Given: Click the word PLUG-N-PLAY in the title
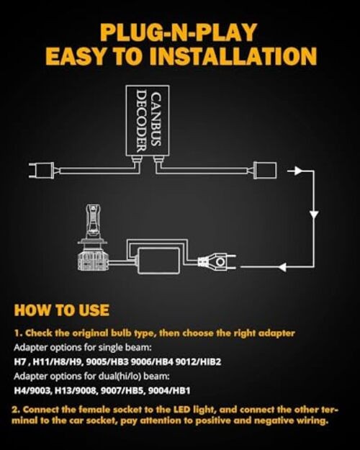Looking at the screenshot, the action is tap(179, 32).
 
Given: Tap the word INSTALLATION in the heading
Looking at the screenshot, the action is tap(233, 56).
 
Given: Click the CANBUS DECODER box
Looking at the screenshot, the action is tap(148, 121).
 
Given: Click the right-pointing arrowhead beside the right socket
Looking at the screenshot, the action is tap(297, 171).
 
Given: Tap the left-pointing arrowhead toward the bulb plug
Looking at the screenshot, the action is tap(282, 267).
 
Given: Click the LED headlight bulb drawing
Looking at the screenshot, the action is tap(92, 238).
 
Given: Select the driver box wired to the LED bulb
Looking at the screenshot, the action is tap(159, 261).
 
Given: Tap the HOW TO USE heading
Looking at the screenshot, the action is tap(62, 310).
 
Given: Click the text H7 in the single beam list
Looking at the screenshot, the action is tap(20, 361).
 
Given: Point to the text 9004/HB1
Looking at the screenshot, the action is tap(169, 390).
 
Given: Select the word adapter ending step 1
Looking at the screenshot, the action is tap(276, 333).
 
